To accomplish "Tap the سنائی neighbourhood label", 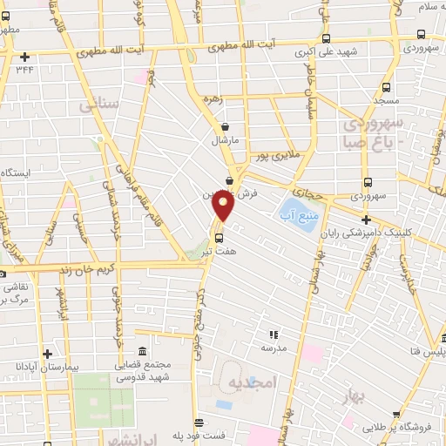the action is [x=98, y=105].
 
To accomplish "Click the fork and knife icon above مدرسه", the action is [x=274, y=333].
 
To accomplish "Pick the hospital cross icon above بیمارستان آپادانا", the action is [x=47, y=354].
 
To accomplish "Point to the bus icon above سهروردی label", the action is [x=368, y=183].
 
